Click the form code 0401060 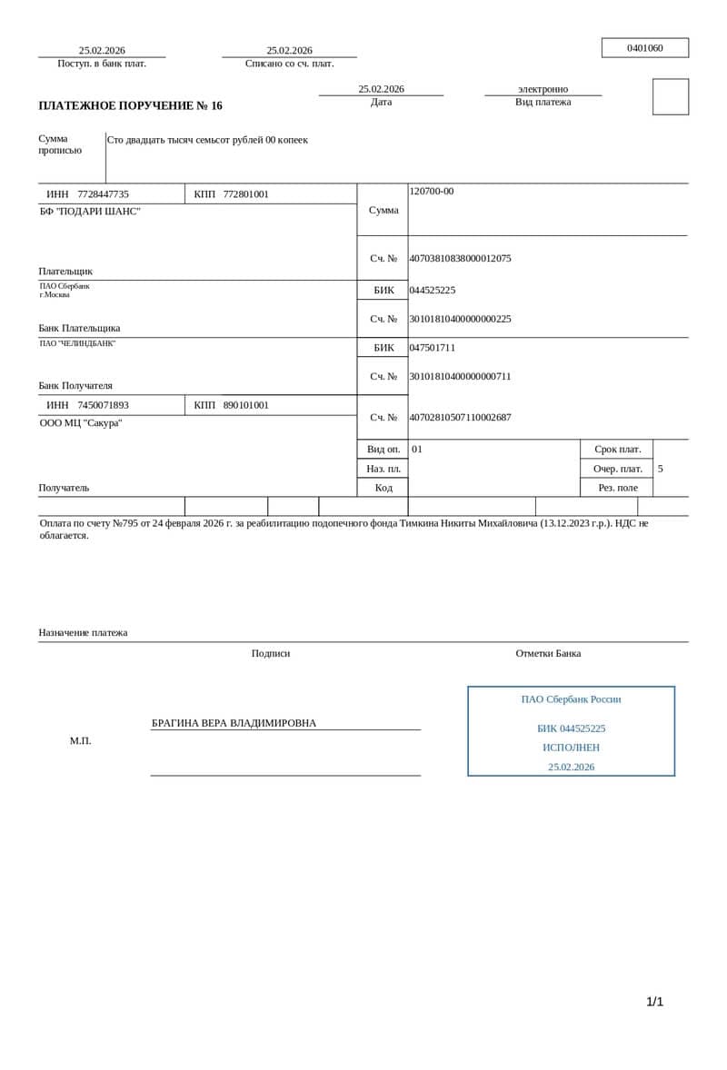click(x=644, y=48)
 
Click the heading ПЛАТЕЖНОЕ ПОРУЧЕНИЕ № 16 click(x=130, y=106)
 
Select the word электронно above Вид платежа click(x=543, y=89)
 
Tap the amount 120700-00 click(x=432, y=191)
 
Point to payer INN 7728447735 click(x=103, y=194)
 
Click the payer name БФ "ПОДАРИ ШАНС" click(x=90, y=212)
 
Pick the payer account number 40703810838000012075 click(x=460, y=258)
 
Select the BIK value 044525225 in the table click(x=433, y=291)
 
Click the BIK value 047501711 click(x=433, y=348)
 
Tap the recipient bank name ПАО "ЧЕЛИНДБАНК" click(x=77, y=343)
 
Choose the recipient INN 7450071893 click(x=103, y=405)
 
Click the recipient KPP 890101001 click(x=245, y=405)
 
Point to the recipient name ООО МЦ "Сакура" click(x=81, y=423)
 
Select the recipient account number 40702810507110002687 click(x=460, y=418)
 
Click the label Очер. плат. click(x=617, y=469)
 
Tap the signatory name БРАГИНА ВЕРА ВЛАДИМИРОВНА click(x=234, y=723)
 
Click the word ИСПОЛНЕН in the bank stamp click(x=571, y=748)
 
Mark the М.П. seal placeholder click(x=80, y=741)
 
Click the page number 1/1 click(x=654, y=1002)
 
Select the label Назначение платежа click(x=83, y=633)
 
